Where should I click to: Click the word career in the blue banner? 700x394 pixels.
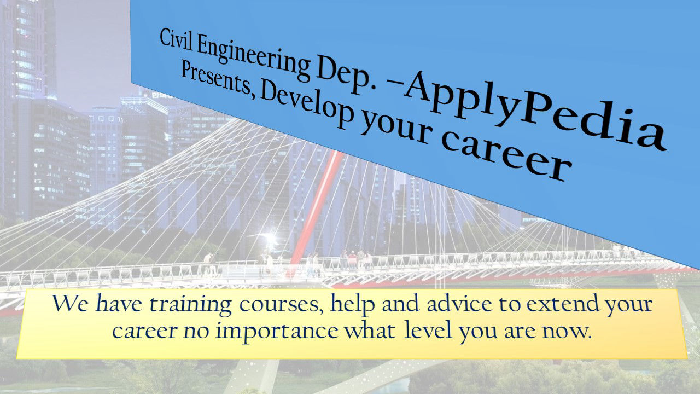coord(506,156)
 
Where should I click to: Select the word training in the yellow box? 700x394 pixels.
coord(191,305)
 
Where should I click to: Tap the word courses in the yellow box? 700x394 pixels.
coord(281,305)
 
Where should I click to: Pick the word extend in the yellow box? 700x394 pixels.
coord(563,303)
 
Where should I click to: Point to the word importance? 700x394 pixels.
coord(277,332)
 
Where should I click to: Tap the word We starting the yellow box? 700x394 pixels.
coord(70,303)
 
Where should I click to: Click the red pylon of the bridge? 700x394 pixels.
coord(316,213)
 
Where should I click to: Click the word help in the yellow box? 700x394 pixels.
coord(353,304)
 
